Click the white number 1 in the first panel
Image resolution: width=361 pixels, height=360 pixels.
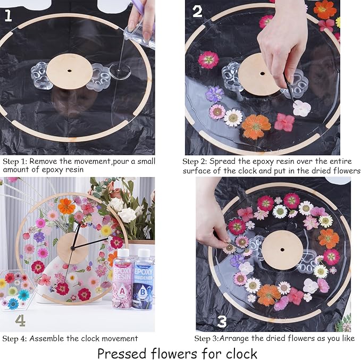pos(8,15)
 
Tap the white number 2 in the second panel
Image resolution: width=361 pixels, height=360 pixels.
pos(197,11)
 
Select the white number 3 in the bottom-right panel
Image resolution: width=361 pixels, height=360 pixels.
pos(222,321)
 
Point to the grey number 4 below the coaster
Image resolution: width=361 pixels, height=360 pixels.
pos(20,320)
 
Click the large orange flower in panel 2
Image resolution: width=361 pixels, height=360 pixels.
pos(256,126)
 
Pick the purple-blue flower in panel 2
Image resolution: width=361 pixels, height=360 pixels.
pos(214,94)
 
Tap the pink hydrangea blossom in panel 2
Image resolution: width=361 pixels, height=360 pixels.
pos(285,122)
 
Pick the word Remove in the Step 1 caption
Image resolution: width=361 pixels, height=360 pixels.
pos(42,160)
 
